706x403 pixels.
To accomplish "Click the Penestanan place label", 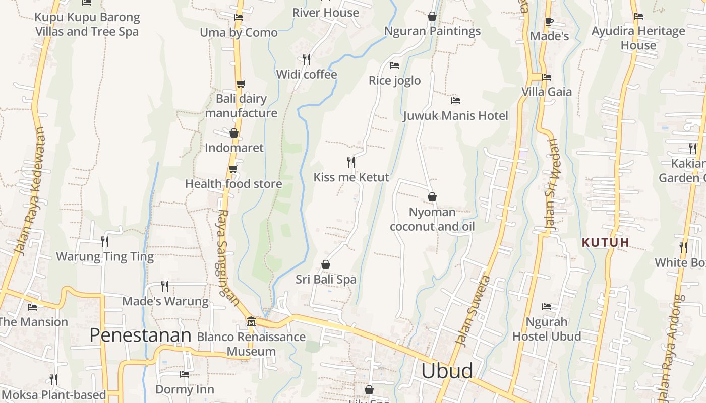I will tap(140, 335).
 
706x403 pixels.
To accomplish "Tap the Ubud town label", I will tap(447, 371).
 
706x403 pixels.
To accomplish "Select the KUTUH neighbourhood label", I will tap(605, 242).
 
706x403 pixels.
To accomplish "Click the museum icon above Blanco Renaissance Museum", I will tap(251, 321).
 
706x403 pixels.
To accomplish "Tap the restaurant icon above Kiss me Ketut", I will tap(351, 162).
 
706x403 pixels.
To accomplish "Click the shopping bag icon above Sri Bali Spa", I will tap(326, 264).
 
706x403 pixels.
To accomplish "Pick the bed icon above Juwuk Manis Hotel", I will tap(455, 100).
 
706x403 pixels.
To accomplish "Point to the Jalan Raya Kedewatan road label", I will tap(30, 191).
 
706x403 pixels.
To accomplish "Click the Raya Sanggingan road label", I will tap(228, 257).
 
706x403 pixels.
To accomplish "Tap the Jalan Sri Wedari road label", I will tap(553, 184).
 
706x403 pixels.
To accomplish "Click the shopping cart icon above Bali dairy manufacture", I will tap(241, 84).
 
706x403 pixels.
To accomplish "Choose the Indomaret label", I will tap(234, 148).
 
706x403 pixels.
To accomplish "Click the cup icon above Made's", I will tap(549, 21).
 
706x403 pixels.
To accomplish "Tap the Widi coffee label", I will tap(307, 75).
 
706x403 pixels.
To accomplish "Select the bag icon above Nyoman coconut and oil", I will tap(432, 197).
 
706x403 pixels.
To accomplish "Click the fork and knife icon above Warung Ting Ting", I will tap(104, 241).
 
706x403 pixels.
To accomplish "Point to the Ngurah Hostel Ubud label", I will tap(547, 329).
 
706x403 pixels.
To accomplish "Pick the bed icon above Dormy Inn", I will tap(185, 374).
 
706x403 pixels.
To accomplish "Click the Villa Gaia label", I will tap(547, 92).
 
